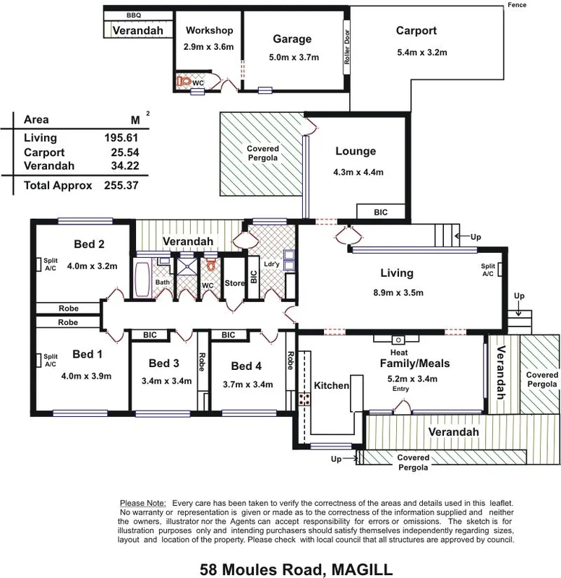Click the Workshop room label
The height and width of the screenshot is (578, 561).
click(209, 30)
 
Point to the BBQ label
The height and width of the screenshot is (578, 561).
click(134, 14)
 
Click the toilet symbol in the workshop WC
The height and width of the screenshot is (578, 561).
click(185, 82)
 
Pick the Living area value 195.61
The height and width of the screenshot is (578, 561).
click(121, 138)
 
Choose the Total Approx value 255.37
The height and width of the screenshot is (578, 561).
click(121, 186)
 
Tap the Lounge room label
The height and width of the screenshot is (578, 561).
click(355, 152)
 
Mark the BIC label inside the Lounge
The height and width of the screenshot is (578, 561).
click(380, 212)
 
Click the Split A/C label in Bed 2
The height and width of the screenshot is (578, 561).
click(50, 264)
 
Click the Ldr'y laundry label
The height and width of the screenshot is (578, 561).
click(271, 264)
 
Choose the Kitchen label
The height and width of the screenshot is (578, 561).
click(330, 386)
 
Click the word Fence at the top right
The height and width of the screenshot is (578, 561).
click(518, 5)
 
